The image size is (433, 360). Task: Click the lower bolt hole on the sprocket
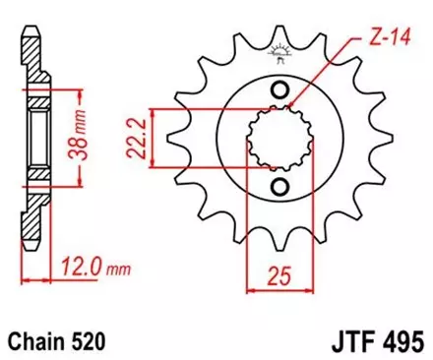click(279, 186)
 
